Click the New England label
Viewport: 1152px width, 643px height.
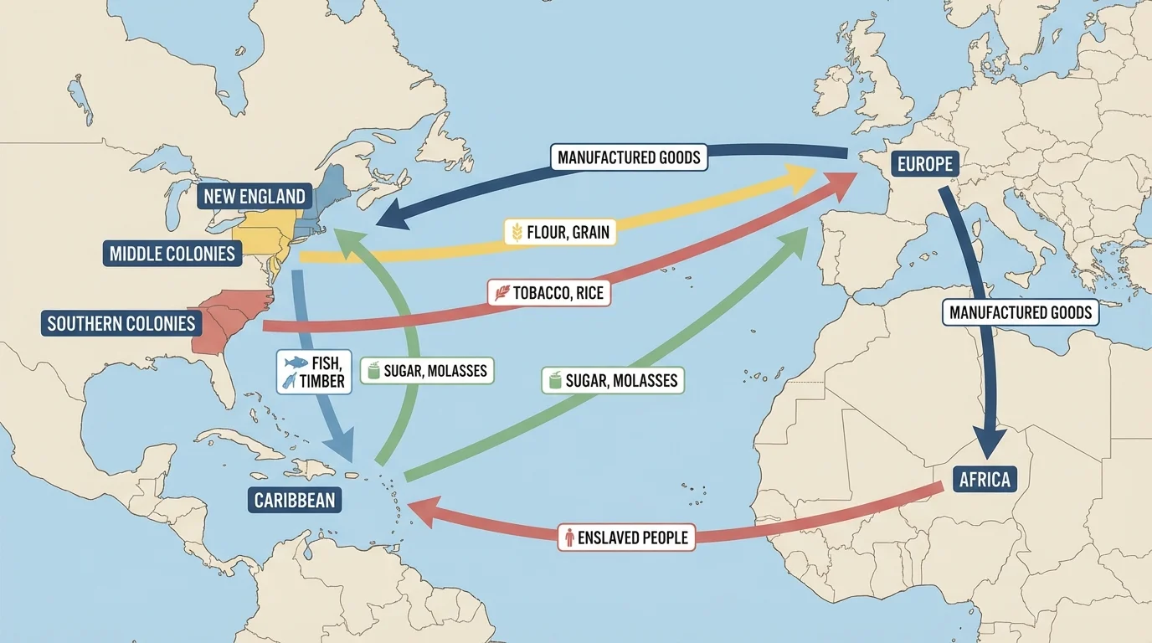tap(253, 198)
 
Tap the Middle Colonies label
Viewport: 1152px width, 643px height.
tap(172, 253)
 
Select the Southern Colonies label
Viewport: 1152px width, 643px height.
tap(121, 323)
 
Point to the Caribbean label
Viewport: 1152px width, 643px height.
tap(294, 501)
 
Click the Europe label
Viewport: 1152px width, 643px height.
tap(924, 163)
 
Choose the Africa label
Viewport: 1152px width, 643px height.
tap(985, 480)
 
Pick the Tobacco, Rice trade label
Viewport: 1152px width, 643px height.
tap(548, 293)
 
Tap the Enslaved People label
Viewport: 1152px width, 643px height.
tap(627, 537)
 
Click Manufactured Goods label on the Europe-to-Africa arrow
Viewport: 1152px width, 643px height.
tap(1021, 312)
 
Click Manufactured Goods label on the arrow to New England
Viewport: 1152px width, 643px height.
tap(628, 157)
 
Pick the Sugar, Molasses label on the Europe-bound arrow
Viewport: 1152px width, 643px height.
tap(612, 381)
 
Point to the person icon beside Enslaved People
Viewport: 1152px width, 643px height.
tap(569, 538)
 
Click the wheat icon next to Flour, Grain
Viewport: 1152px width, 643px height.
tap(517, 232)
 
